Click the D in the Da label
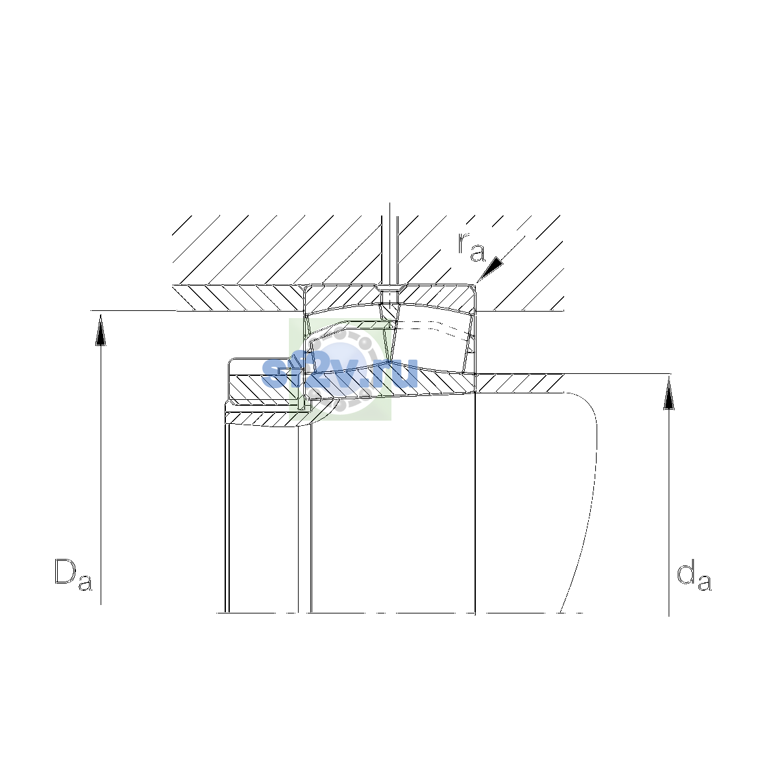point(66,571)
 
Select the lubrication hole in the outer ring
point(389,295)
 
